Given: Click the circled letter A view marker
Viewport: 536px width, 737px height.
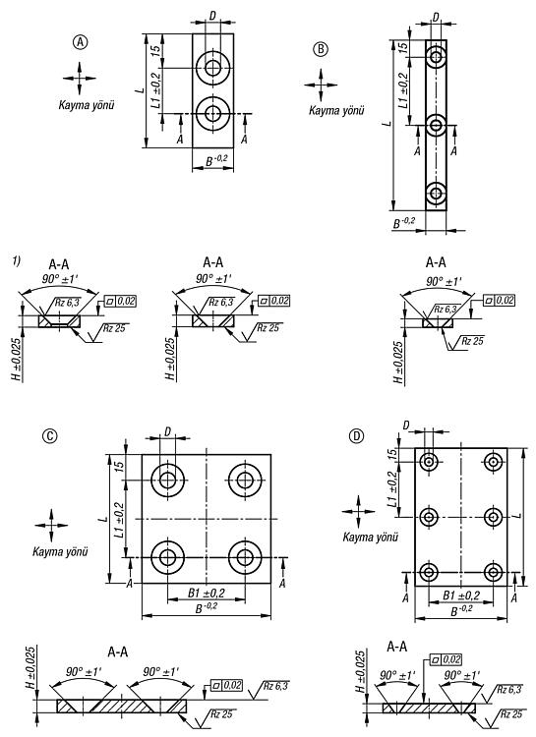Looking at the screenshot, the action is point(81,42).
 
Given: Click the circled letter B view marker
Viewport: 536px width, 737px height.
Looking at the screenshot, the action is point(321,49).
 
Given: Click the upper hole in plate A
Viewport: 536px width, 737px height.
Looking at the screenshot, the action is point(213,68).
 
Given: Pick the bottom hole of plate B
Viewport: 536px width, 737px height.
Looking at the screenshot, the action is point(437,194).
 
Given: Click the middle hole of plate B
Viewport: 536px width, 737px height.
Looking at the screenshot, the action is point(437,126).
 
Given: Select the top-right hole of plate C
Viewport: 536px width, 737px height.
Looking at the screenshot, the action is point(245,481).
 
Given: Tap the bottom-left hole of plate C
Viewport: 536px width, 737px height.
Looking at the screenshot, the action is point(167,558).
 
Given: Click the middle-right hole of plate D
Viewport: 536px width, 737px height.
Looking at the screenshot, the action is point(493,518).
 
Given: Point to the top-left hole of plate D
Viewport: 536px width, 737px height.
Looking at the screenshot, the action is point(428,462).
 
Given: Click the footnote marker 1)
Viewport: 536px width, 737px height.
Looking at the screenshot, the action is point(17,260).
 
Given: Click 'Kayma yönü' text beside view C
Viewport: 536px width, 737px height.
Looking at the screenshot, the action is point(60,552).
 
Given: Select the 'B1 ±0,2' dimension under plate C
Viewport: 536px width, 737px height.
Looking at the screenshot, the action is point(207,594).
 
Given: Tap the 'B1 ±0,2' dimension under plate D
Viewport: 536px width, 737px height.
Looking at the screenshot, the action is point(461,595).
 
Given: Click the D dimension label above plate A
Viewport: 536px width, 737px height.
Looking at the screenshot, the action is point(212,16).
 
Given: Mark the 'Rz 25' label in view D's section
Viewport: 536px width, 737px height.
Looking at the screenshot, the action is point(511,714).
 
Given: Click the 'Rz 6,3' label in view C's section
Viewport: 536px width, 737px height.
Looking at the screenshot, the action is point(275,686).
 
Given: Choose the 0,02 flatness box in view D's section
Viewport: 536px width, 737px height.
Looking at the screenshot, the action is point(446,660).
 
